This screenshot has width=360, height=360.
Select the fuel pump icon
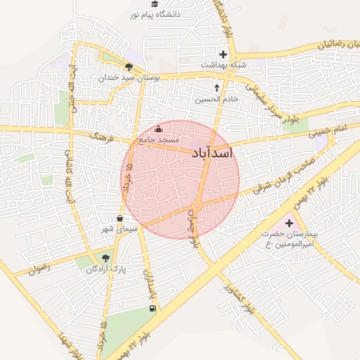pos(153,309)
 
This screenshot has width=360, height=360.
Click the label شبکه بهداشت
pos(224,65)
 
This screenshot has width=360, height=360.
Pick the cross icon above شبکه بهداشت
pos(224,54)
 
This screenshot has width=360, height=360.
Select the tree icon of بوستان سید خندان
pos(129,67)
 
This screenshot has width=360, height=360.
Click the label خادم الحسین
pos(217,99)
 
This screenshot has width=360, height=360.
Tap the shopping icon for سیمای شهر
pos(120,218)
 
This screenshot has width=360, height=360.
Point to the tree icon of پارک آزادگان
pos(105,258)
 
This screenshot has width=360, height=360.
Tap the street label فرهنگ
pos(101,134)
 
